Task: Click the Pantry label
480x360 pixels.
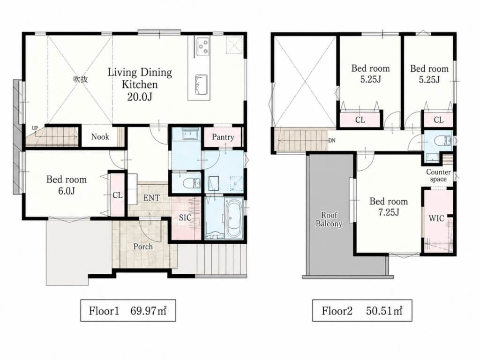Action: [x=223, y=137]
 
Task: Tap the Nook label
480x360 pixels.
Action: [x=100, y=136]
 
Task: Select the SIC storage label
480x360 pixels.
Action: [x=185, y=217]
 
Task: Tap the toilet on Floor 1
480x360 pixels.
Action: [x=191, y=183]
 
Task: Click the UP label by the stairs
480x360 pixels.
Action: [x=35, y=128]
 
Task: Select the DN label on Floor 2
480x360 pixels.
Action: [x=332, y=141]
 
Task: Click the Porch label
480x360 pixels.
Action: [x=143, y=247]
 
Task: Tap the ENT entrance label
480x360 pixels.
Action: [x=151, y=198]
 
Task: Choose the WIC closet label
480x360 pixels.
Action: [x=436, y=218]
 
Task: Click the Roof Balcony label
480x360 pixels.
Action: [x=329, y=219]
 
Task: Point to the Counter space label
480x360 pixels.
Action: [x=438, y=175]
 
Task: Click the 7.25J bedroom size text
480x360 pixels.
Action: [x=389, y=212]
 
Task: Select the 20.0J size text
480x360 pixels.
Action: [x=140, y=97]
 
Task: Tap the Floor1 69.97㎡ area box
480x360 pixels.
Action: [x=128, y=310]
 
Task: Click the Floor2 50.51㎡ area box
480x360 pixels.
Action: [x=362, y=310]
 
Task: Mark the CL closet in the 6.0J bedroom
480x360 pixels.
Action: [x=118, y=195]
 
